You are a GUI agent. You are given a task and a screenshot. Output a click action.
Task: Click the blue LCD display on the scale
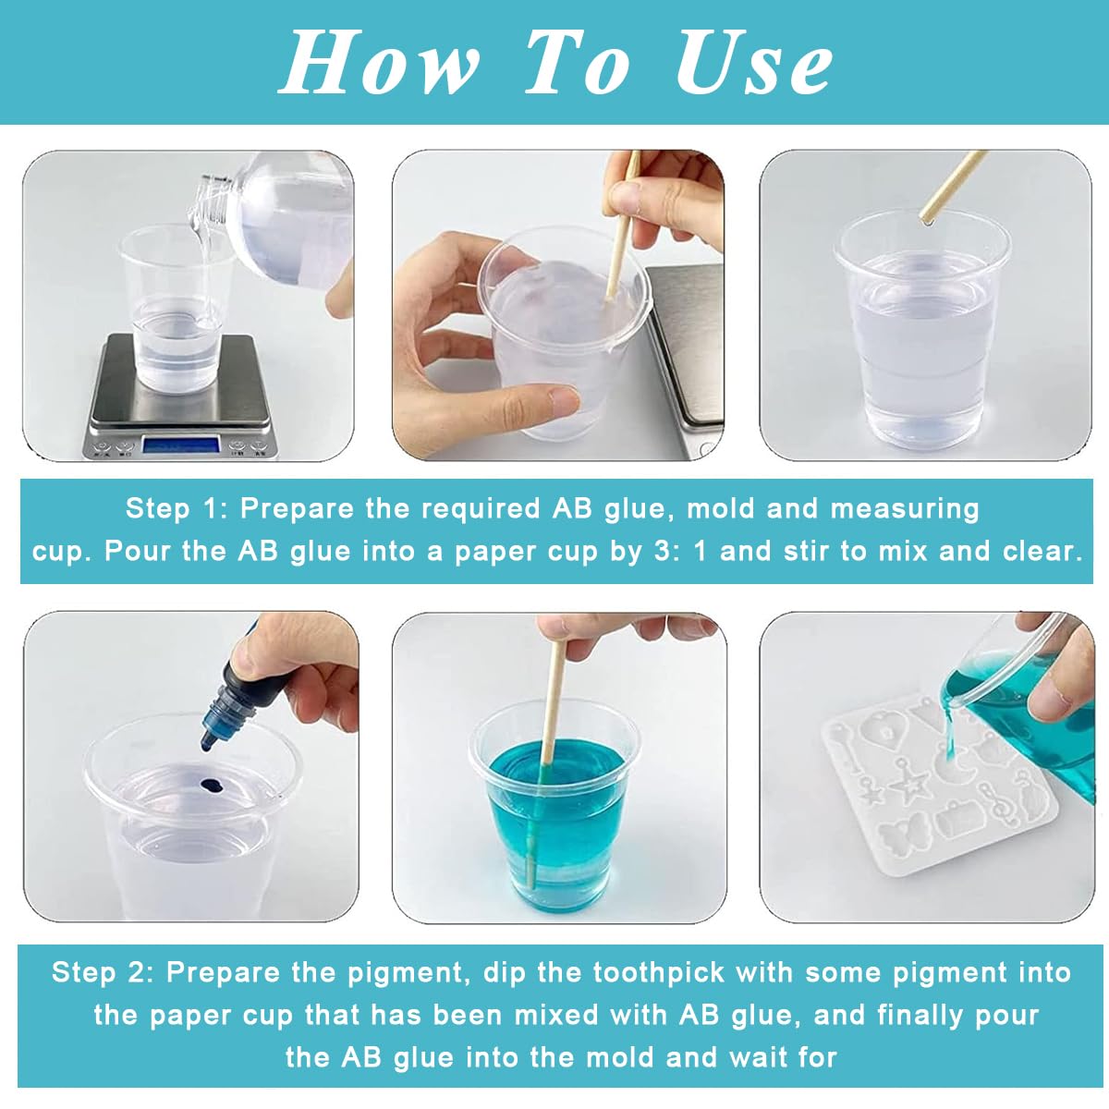[181, 445]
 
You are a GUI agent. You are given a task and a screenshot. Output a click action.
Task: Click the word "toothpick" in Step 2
[659, 973]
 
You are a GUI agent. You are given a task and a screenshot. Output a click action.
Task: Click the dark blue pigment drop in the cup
[213, 784]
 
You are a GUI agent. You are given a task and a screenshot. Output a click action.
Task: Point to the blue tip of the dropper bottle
[209, 738]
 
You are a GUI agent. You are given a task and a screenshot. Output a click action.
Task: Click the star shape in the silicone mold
[908, 786]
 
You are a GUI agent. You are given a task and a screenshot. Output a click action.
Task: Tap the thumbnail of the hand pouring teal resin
[926, 767]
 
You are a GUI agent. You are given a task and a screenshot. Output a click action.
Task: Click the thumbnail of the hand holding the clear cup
[557, 305]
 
